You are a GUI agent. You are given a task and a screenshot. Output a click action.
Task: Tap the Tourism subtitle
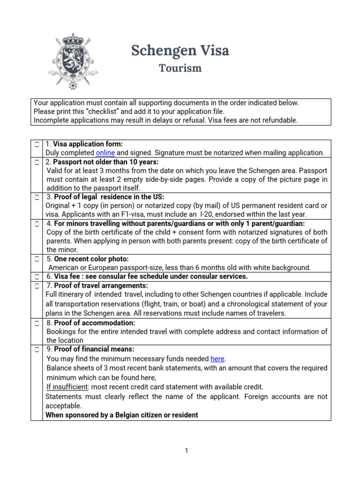(x=180, y=68)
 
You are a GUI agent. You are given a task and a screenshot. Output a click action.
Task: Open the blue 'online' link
(x=105, y=153)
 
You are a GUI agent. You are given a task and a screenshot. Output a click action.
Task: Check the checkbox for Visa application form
(x=37, y=144)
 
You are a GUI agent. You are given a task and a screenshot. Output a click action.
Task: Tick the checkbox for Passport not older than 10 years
(x=37, y=162)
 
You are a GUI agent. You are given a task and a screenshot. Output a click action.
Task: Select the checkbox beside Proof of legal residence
(x=37, y=197)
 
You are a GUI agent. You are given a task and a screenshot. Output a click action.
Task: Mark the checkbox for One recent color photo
(x=37, y=259)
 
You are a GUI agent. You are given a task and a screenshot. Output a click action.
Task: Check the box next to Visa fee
(x=37, y=277)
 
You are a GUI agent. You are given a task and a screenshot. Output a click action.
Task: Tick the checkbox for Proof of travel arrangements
(x=37, y=285)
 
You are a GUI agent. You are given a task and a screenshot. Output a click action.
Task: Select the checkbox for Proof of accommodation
(x=37, y=323)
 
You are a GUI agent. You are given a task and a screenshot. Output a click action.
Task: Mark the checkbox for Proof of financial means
(x=37, y=349)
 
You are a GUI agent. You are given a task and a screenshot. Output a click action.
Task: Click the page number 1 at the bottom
(x=186, y=451)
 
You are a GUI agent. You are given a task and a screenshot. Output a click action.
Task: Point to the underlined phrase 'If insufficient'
(x=67, y=387)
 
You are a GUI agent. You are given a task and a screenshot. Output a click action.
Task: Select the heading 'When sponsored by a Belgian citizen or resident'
(x=122, y=415)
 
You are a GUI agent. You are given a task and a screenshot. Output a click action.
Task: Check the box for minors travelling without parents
(x=37, y=224)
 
